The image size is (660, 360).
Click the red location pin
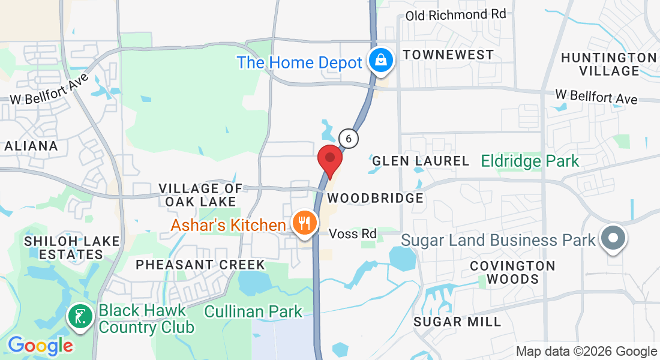[x=329, y=160]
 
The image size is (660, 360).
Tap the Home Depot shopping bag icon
[x=380, y=60]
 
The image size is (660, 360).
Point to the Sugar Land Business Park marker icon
[x=613, y=238]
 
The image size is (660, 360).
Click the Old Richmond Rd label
[x=455, y=14]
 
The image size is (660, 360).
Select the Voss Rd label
[x=353, y=233]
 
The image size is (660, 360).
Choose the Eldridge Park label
[x=530, y=161]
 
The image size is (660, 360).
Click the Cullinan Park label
[x=254, y=311]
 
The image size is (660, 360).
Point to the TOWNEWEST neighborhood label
[x=448, y=55]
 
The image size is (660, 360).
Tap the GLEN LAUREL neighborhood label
[x=421, y=161]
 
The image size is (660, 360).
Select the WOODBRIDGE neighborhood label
[x=376, y=198]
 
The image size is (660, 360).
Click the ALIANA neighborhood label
[x=31, y=146]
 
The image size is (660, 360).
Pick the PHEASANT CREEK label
[x=200, y=265]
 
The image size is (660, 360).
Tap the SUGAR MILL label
[x=457, y=322]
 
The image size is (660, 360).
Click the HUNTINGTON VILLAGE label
[x=608, y=64]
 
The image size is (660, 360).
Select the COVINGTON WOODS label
[x=512, y=272]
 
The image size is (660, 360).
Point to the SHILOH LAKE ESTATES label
[x=63, y=247]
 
